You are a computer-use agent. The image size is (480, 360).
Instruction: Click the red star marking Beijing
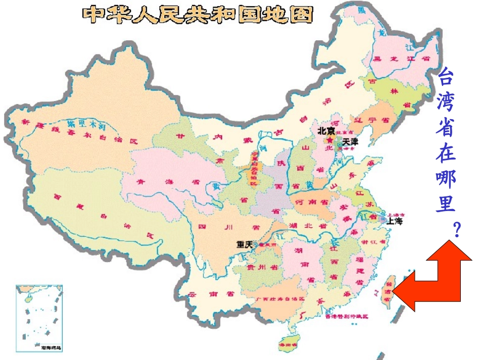click(330, 139)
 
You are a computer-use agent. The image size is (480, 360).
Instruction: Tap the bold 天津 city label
click(350, 141)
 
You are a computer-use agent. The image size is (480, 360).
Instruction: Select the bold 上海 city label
click(397, 221)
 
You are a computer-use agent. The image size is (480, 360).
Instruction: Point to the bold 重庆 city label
click(245, 244)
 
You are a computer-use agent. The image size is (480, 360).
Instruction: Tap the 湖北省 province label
click(304, 225)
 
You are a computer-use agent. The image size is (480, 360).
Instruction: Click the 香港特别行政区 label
click(346, 316)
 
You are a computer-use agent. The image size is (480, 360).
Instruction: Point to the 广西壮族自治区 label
click(280, 299)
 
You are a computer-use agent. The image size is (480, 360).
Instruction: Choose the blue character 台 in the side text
click(445, 77)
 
